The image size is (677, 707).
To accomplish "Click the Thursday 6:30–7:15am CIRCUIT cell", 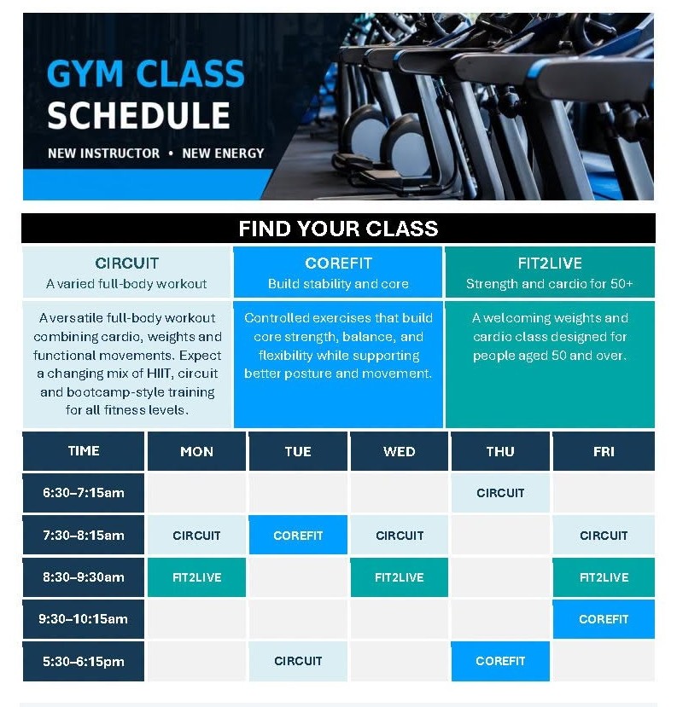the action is pyautogui.click(x=500, y=492).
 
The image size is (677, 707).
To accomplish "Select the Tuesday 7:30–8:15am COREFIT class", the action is pyautogui.click(x=298, y=535).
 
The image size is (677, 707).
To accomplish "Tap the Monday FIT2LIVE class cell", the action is pyautogui.click(x=196, y=577).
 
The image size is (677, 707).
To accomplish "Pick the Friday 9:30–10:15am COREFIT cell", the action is pyautogui.click(x=604, y=618).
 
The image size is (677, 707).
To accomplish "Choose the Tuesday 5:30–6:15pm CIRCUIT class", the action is pyautogui.click(x=298, y=661).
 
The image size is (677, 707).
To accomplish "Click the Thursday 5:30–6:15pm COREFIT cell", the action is pyautogui.click(x=500, y=661).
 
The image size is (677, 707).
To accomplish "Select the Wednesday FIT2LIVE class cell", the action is pyautogui.click(x=399, y=577).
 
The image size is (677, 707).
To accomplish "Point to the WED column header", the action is pyautogui.click(x=399, y=451).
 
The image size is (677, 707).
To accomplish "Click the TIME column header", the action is pyautogui.click(x=84, y=451).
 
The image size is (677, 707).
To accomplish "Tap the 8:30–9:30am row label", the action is pyautogui.click(x=84, y=577).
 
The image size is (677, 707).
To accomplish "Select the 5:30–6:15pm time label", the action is pyautogui.click(x=84, y=661).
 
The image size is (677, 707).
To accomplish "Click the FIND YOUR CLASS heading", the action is pyautogui.click(x=338, y=229).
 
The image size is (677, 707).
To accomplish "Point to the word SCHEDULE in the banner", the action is pyautogui.click(x=138, y=115).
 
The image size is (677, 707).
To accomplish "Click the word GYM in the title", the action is pyautogui.click(x=85, y=73).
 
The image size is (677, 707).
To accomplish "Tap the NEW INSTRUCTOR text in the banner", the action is pyautogui.click(x=104, y=154).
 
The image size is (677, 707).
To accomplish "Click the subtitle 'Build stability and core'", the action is pyautogui.click(x=338, y=284).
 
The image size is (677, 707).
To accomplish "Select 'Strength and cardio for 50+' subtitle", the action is pyautogui.click(x=549, y=284).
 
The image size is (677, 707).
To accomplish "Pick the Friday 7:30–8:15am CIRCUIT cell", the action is pyautogui.click(x=604, y=535).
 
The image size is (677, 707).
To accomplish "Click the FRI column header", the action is pyautogui.click(x=604, y=451).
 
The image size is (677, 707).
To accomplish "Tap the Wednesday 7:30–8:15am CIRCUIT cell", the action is pyautogui.click(x=399, y=535).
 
